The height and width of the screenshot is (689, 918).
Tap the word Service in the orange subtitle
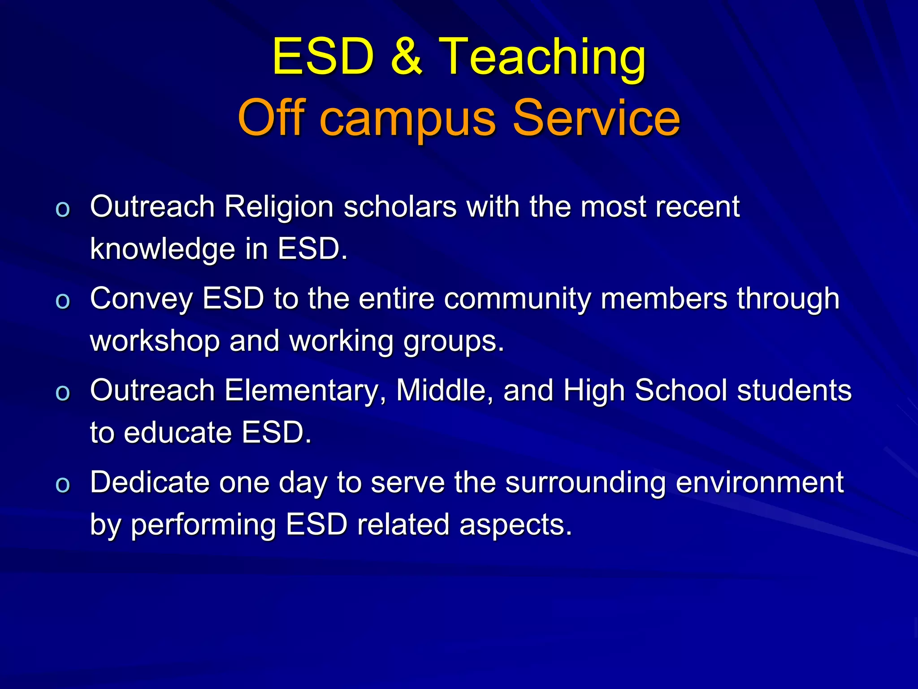point(596,118)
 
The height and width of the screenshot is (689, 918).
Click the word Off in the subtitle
point(272,118)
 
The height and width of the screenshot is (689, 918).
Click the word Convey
point(141,299)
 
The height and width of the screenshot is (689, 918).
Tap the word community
point(517,300)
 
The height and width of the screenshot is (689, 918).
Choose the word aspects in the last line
point(515,525)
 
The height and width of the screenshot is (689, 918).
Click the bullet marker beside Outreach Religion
point(63,209)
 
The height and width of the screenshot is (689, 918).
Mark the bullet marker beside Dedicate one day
point(63,485)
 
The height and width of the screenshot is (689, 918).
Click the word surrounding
point(585,483)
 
